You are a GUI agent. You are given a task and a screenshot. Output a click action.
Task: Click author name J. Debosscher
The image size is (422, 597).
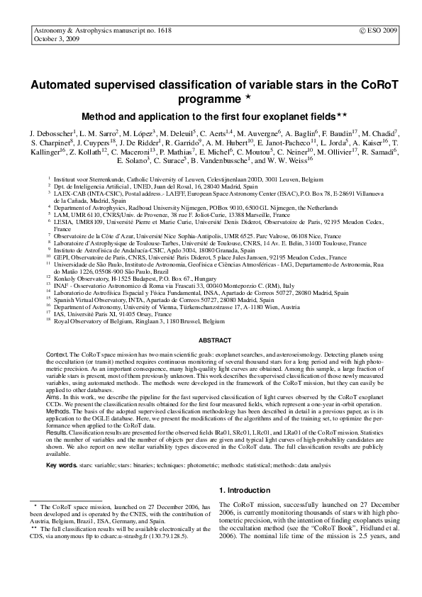(52, 133)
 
